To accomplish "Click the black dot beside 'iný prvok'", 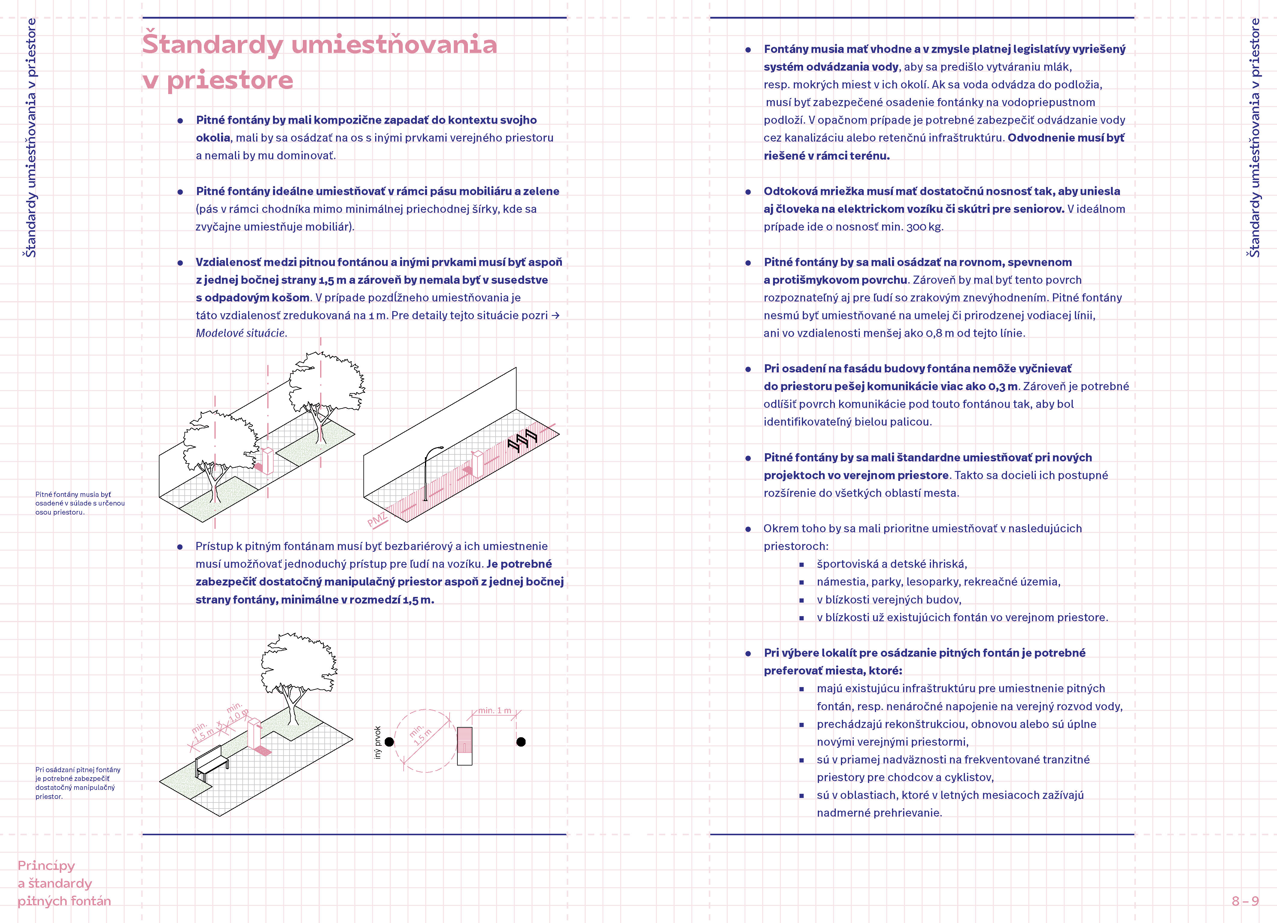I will (389, 741).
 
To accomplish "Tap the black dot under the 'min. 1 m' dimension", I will (521, 741).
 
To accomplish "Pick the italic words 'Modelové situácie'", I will (241, 333).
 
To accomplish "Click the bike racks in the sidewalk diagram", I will (523, 439).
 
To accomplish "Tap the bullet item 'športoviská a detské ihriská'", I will (891, 564).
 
